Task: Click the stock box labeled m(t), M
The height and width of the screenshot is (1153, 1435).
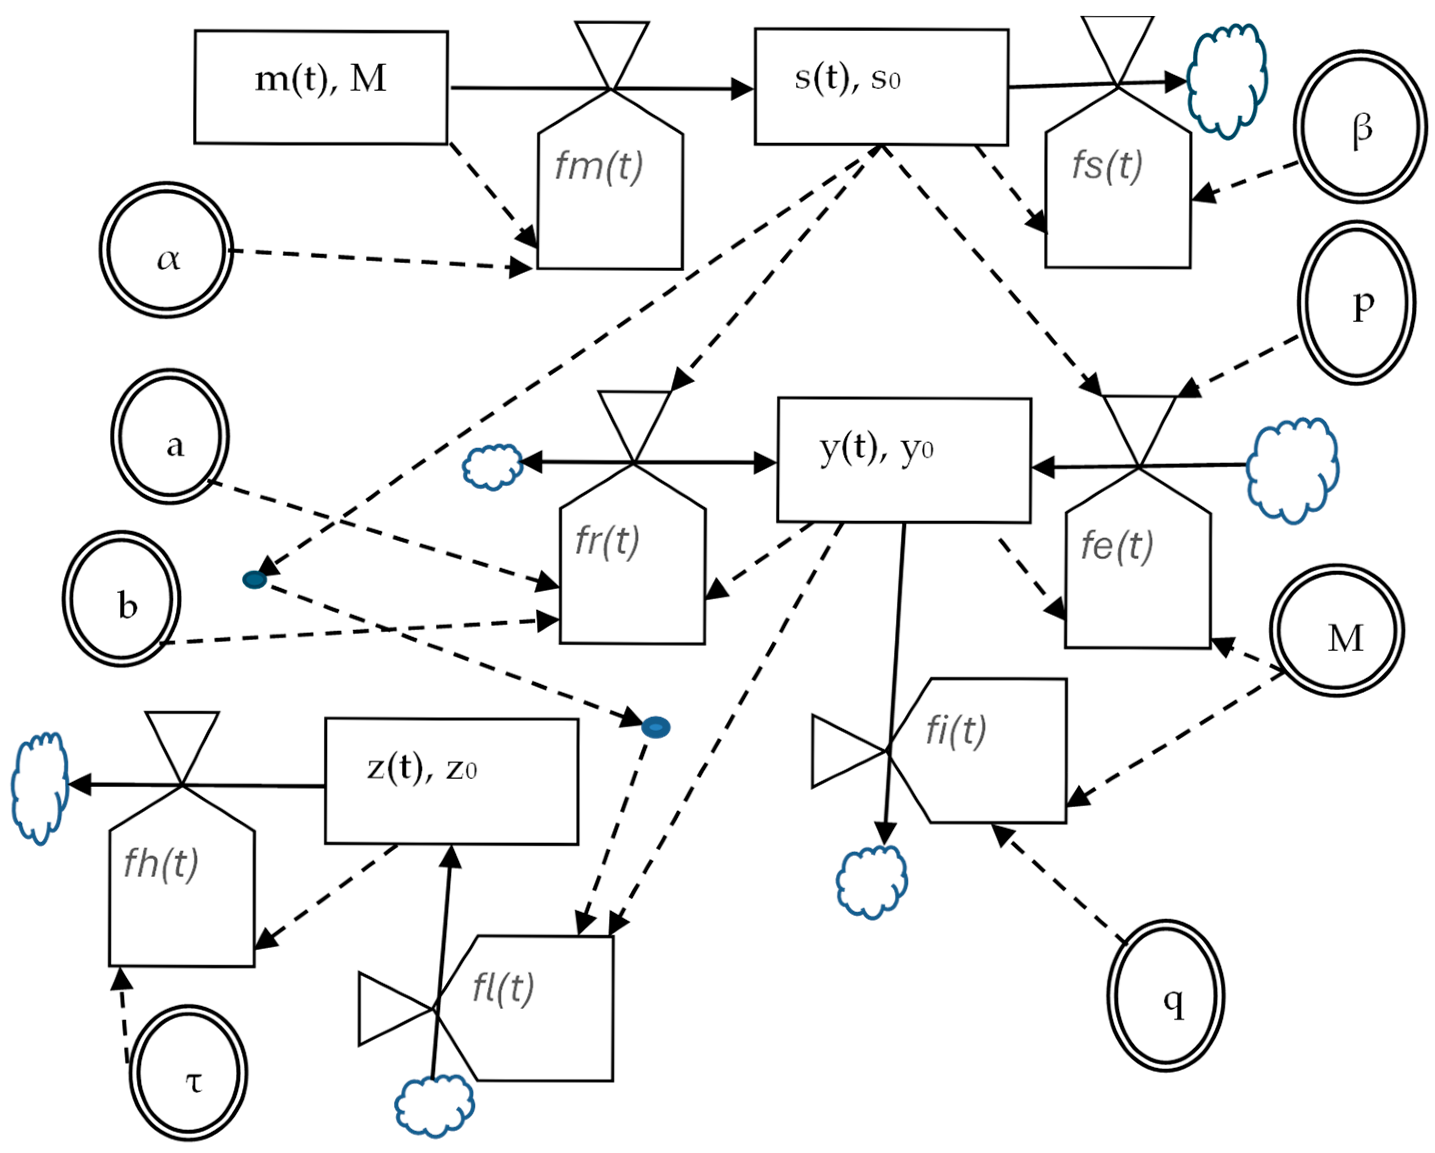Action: tap(321, 87)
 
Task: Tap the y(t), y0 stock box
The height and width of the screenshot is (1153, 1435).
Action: tap(904, 460)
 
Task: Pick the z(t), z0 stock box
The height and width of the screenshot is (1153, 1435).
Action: tap(451, 781)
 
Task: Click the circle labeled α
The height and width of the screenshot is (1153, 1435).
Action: tap(167, 250)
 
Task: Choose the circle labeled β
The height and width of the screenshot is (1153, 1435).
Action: tap(1360, 127)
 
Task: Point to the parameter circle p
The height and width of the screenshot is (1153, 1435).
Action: tap(1356, 303)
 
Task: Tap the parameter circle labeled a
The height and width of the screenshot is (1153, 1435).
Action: tap(170, 437)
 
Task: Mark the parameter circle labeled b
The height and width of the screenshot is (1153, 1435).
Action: tap(122, 599)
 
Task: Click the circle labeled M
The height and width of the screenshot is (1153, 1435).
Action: tap(1336, 630)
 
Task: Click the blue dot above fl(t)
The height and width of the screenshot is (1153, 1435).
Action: tap(655, 727)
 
